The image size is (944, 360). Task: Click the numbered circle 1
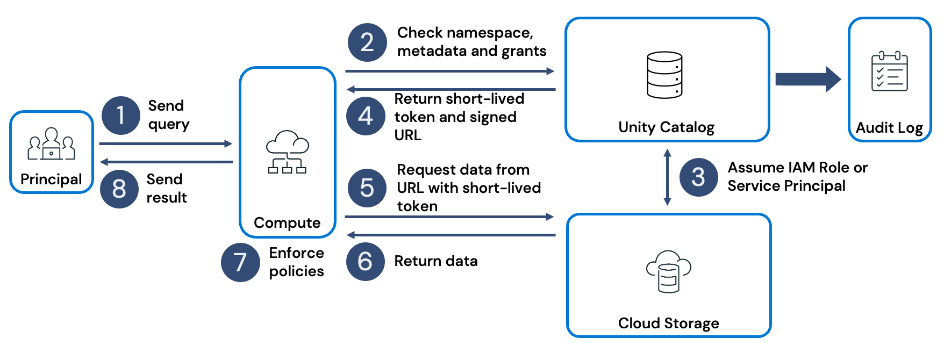[x=121, y=115]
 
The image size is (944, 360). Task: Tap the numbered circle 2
[x=367, y=42]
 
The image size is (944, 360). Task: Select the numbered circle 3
[x=698, y=177]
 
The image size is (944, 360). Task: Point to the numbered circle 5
[x=367, y=188]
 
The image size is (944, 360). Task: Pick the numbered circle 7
[x=240, y=262]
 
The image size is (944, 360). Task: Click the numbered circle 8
[x=119, y=189]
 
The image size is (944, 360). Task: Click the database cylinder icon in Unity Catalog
[x=664, y=75]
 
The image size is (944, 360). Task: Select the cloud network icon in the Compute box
[x=287, y=152]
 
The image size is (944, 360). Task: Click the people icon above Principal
[x=51, y=144]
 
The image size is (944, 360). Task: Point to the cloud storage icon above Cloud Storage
[x=668, y=271]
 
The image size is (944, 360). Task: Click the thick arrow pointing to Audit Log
[x=807, y=80]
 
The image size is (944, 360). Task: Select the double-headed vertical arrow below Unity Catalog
[x=667, y=177]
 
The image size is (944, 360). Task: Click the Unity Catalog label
[x=666, y=127]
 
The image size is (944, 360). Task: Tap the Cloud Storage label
[x=668, y=323]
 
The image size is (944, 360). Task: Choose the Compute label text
[x=287, y=222]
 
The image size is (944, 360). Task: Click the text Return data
[x=436, y=261]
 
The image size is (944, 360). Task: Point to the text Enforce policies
[x=296, y=262]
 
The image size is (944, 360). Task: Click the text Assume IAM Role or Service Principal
[x=797, y=177]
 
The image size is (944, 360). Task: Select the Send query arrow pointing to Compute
[x=166, y=143]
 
